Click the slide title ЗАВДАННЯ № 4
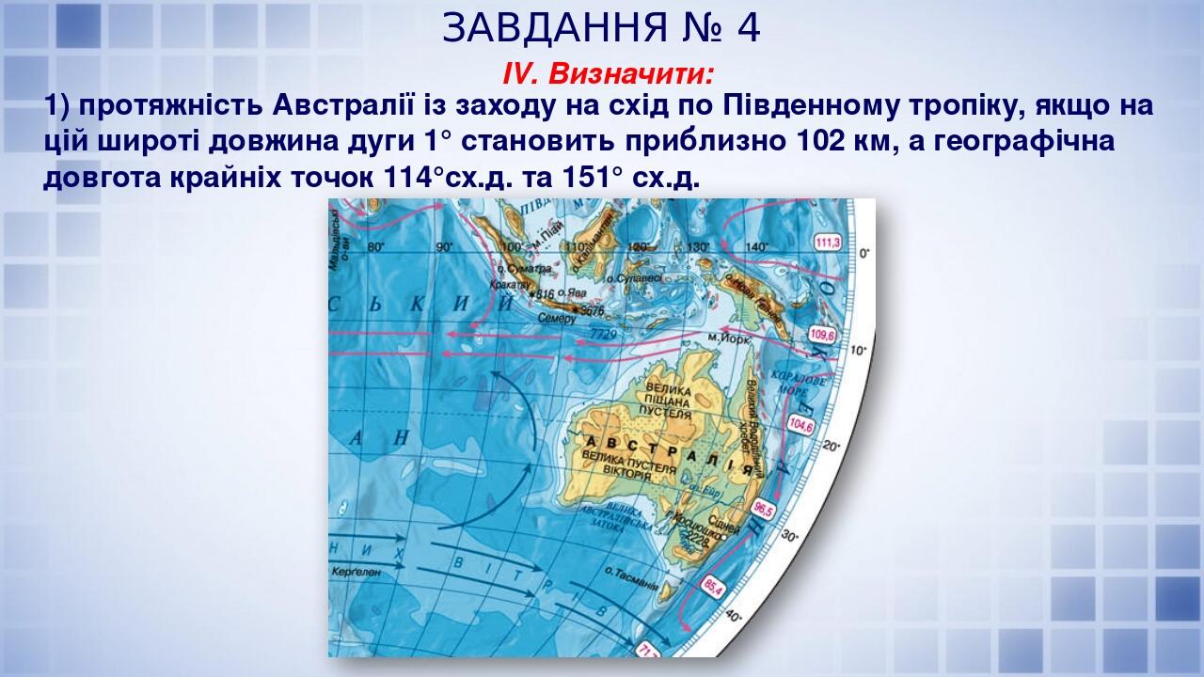601,29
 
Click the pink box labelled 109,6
821,335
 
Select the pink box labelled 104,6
800,424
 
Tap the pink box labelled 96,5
763,511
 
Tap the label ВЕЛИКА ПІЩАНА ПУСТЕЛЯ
665,401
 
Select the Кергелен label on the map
356,571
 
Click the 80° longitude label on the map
376,247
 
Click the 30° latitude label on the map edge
790,537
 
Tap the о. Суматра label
527,269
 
